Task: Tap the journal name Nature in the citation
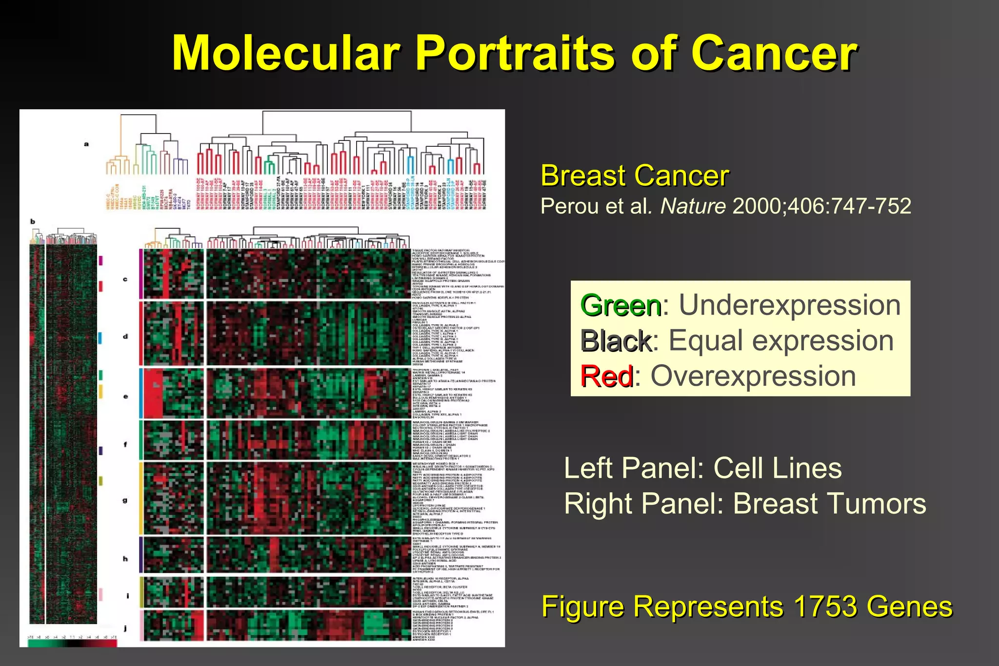[x=693, y=206]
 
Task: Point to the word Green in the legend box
[x=620, y=306]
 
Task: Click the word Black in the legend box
[x=616, y=341]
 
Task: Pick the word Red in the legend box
[x=606, y=376]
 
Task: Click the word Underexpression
[x=789, y=305]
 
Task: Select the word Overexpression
[x=753, y=376]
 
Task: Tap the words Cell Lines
[x=778, y=468]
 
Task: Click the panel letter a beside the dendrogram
[x=86, y=144]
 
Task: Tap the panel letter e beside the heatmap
[x=125, y=396]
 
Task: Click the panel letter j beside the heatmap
[x=125, y=628]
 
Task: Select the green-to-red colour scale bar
[x=72, y=643]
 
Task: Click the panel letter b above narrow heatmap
[x=33, y=221]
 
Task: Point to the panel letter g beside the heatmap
[x=125, y=500]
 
